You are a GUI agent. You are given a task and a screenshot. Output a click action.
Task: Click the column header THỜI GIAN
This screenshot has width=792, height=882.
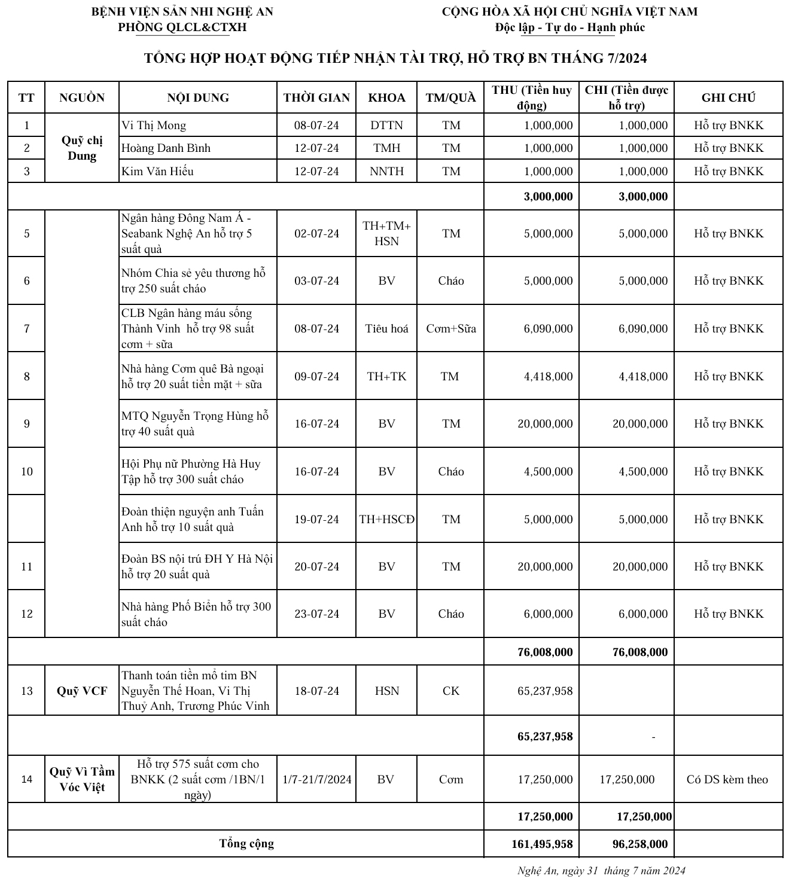click(316, 97)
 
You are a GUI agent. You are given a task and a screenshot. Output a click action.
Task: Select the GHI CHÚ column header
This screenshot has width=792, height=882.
click(728, 97)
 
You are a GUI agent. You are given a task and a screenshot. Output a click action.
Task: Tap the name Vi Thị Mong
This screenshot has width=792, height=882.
click(154, 126)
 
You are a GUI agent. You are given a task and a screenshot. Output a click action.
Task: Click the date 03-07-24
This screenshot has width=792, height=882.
click(316, 281)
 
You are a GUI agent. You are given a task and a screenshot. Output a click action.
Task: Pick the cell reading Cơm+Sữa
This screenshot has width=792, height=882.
click(451, 329)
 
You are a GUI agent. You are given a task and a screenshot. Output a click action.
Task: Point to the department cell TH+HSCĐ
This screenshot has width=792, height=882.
click(386, 519)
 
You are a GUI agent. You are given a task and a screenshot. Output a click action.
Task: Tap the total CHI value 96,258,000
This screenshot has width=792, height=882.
click(639, 844)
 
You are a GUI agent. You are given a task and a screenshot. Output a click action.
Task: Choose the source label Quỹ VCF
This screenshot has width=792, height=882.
click(82, 691)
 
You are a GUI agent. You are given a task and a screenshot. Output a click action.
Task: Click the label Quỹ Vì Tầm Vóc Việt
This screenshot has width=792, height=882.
click(82, 779)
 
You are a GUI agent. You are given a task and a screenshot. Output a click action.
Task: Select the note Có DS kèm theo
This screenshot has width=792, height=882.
click(727, 779)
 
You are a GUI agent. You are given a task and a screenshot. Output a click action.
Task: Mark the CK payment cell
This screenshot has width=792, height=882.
click(451, 691)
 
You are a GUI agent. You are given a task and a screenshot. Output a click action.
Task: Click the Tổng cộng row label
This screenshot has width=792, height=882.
click(246, 844)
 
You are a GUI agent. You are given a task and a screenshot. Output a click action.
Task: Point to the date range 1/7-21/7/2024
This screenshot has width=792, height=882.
click(316, 779)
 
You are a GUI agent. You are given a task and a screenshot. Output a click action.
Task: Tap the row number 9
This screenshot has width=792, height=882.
click(27, 424)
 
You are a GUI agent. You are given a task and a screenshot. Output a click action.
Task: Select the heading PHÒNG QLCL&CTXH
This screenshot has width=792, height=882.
click(182, 27)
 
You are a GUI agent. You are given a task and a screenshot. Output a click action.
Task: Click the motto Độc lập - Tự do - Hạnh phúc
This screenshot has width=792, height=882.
click(569, 27)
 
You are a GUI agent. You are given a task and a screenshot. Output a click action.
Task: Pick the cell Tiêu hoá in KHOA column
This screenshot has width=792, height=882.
click(386, 329)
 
